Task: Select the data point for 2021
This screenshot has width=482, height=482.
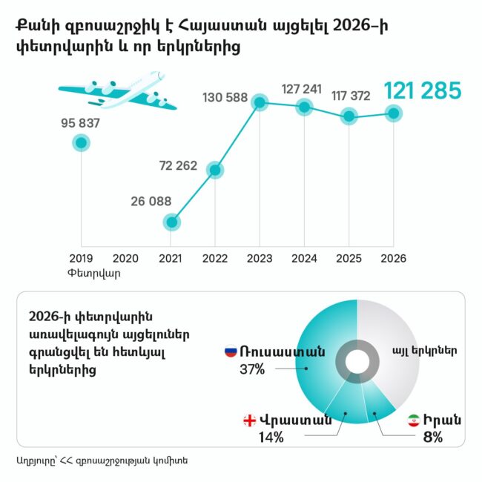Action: coord(171,222)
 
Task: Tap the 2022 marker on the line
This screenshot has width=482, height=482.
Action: coord(215,170)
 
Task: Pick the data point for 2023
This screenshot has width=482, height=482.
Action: coord(260,102)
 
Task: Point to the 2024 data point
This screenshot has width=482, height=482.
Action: coord(305,108)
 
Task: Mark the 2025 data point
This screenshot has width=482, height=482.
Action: coord(349,116)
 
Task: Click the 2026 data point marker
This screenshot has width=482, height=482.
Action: coord(394,113)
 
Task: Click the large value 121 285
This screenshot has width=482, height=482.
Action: coord(422,91)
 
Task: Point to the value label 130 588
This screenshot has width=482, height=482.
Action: coord(225,97)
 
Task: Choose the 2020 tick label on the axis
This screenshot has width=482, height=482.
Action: coord(125,258)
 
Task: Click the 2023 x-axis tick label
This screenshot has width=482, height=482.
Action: coord(260,258)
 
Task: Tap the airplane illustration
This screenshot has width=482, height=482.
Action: coord(119,93)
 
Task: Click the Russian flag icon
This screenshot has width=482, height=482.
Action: coord(231,351)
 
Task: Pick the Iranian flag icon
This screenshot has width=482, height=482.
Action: coord(413,420)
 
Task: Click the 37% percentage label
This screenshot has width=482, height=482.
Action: coord(252,369)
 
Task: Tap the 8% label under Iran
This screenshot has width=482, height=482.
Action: coord(432,437)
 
